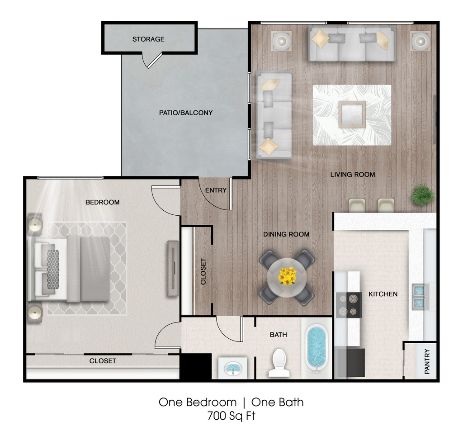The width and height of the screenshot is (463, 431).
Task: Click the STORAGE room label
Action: tap(148, 39)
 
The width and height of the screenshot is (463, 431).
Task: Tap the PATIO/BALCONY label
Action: tap(186, 113)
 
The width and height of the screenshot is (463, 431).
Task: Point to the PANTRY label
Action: tap(427, 361)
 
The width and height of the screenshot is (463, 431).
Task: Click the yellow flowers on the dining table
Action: tap(287, 276)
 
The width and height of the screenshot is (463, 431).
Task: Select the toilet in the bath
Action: tap(279, 363)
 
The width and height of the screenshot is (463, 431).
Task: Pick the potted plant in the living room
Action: tap(423, 194)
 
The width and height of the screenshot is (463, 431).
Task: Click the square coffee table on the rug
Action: tap(352, 114)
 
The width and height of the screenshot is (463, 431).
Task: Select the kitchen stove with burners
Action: tap(349, 305)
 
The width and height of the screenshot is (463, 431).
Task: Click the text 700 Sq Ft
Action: tap(231, 416)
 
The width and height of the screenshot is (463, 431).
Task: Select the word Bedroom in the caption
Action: tap(212, 403)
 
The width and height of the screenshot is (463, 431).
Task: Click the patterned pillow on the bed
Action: tap(53, 269)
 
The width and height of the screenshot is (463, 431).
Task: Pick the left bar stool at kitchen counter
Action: tap(357, 205)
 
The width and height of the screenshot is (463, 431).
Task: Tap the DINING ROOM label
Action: tap(286, 234)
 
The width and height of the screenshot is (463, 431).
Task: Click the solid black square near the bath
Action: tap(195, 366)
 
